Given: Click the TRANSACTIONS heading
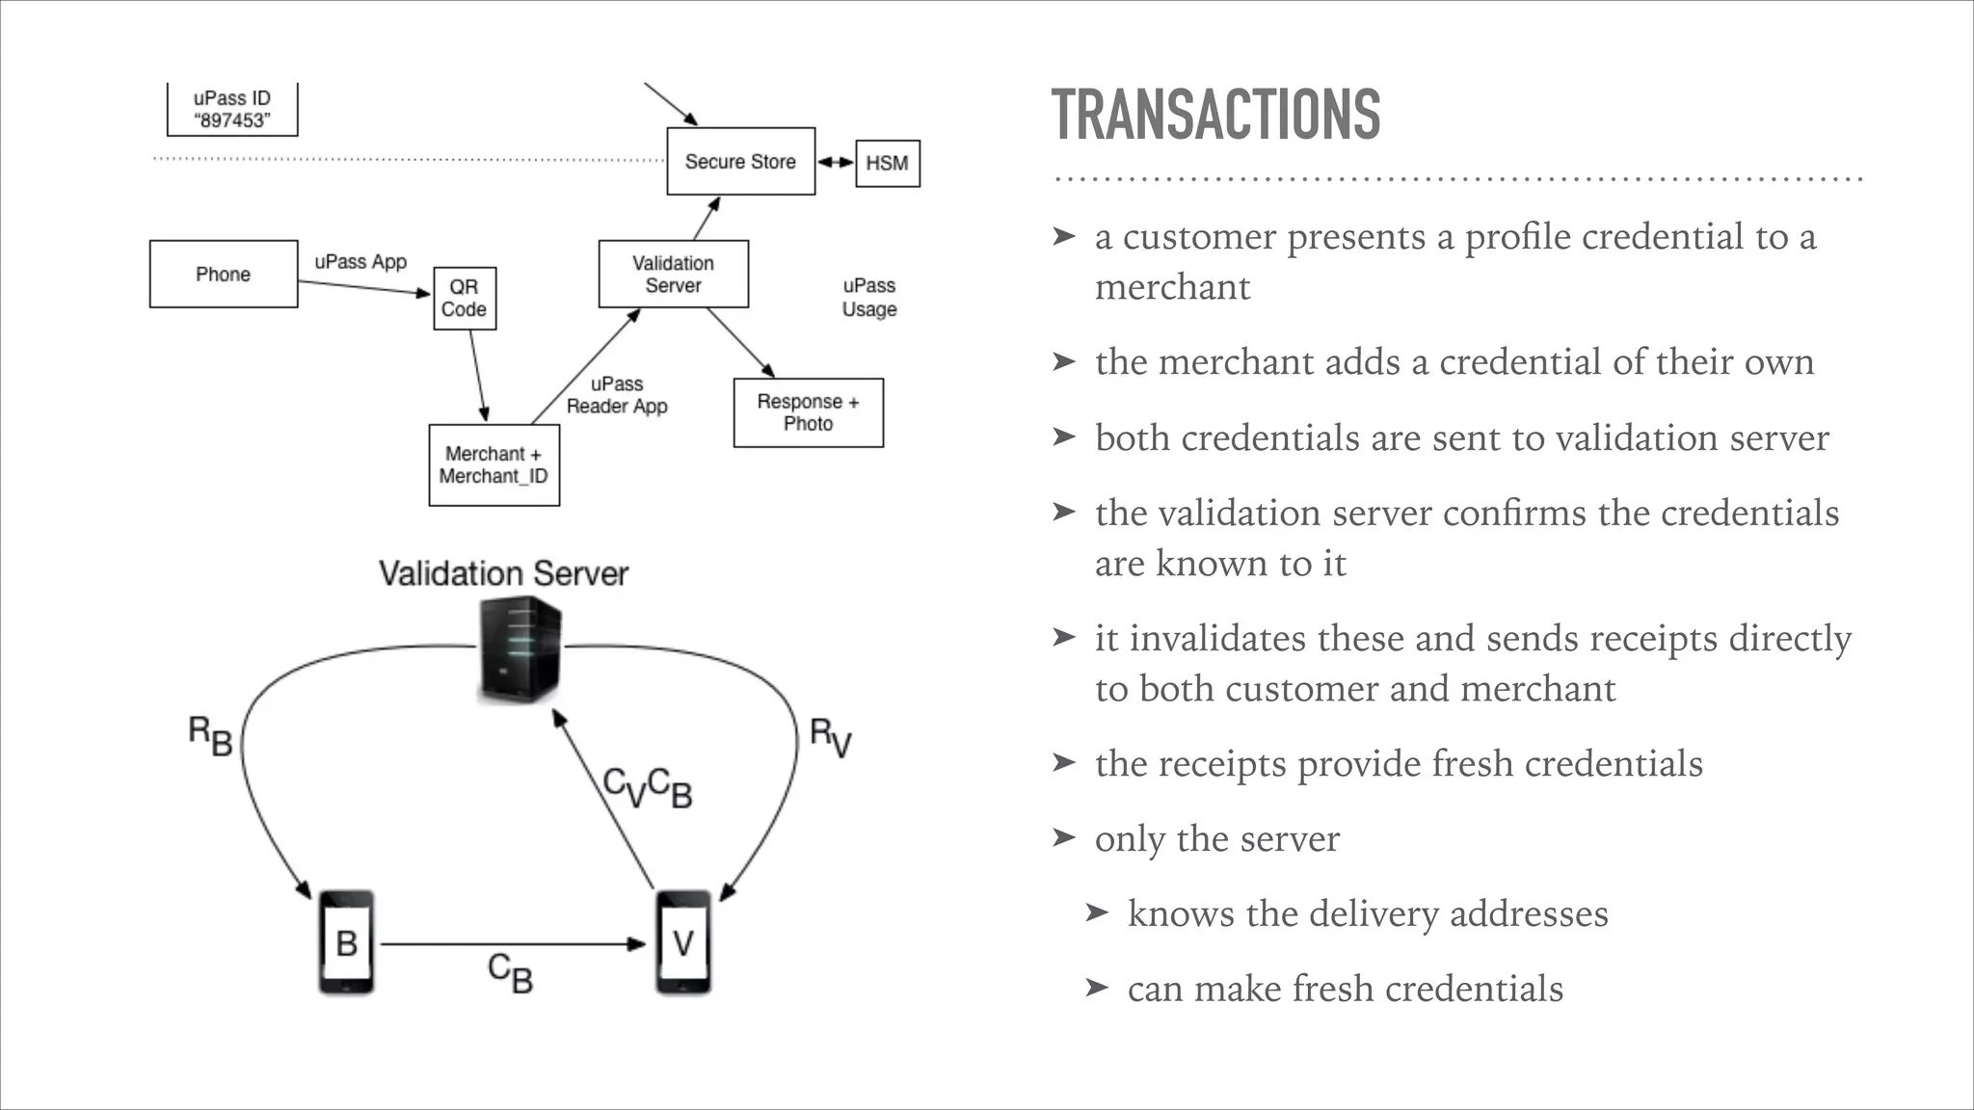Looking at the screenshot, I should click(1215, 115).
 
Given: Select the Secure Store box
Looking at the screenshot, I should click(740, 162).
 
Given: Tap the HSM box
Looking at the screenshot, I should click(887, 163).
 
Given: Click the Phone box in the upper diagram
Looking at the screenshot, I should click(224, 275).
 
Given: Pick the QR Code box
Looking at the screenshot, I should click(465, 299).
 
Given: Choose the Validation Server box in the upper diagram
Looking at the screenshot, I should click(673, 275).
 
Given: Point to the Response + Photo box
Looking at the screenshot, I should click(808, 412).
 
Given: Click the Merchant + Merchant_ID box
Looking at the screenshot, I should click(493, 465).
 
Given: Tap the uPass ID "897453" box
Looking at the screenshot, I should click(232, 110).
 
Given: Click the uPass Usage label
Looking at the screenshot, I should click(869, 298).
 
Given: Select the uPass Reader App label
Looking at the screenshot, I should click(617, 395).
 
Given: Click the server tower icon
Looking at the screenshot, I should click(520, 649).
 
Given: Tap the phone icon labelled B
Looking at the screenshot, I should click(346, 942).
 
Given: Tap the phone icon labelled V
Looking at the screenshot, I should click(683, 942).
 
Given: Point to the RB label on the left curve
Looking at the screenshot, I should click(210, 736).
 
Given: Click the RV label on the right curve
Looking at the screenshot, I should click(830, 737).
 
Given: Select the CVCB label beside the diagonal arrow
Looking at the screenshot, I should click(647, 787).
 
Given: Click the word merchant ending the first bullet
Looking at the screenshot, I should click(1172, 287).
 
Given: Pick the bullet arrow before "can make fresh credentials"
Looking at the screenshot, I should click(1097, 988).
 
